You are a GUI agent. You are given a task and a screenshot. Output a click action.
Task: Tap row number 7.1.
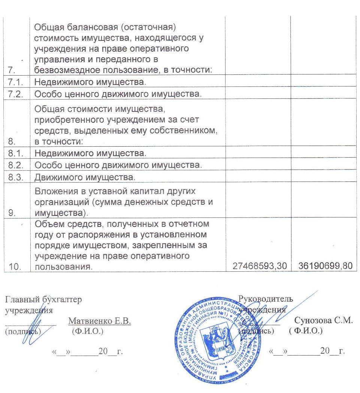[16, 81]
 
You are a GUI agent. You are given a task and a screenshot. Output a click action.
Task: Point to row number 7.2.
[16, 94]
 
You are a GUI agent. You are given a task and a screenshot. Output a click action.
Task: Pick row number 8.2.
[16, 164]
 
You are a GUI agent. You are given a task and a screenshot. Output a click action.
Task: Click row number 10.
[15, 267]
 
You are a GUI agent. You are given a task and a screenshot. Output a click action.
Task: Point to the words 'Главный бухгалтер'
[43, 299]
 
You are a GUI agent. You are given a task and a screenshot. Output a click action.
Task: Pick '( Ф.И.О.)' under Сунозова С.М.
[305, 331]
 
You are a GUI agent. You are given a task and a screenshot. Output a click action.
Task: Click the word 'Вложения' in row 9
[53, 192]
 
